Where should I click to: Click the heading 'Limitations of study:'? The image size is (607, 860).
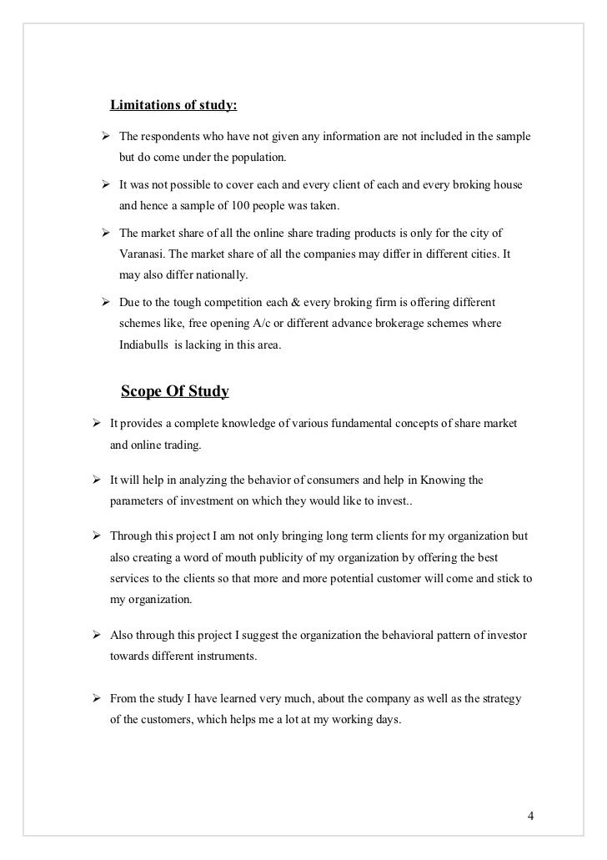coord(173,106)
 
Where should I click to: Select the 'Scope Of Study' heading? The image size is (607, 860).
coord(175,391)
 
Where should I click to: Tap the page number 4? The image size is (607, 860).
coord(530,814)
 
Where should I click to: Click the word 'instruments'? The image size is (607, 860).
coord(226,656)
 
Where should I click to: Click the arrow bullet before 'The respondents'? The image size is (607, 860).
coord(106,136)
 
